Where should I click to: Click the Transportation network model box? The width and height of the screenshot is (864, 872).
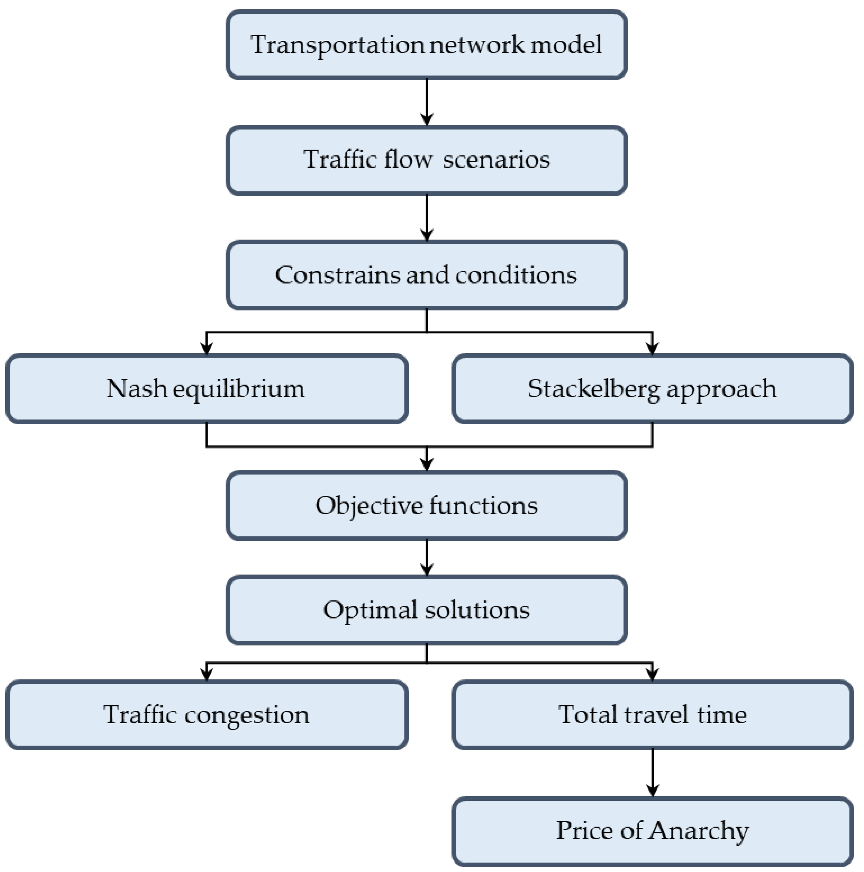(427, 45)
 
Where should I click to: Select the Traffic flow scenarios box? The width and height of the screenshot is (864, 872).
(427, 160)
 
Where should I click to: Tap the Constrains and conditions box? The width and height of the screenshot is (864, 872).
(427, 275)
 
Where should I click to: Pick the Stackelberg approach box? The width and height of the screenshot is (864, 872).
(652, 389)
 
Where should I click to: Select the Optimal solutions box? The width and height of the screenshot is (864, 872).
(427, 610)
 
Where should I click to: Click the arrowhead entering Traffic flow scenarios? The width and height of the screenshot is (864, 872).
(427, 120)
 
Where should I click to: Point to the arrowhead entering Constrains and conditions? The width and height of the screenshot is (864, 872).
(427, 235)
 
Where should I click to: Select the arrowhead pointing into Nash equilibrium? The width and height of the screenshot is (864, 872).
(206, 349)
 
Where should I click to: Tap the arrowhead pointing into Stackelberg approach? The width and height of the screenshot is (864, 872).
(652, 349)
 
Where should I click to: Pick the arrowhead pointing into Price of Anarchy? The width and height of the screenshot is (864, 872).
(652, 790)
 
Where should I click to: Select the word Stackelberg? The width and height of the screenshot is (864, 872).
(594, 389)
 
